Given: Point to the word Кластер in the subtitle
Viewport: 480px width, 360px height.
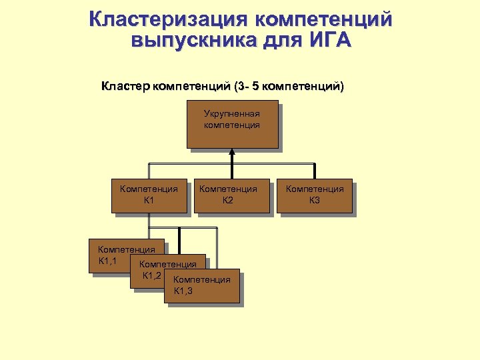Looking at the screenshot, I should click(x=126, y=86).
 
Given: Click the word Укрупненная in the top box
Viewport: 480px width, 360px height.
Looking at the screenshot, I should click(x=231, y=113).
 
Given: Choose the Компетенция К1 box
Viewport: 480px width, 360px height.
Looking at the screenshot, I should click(x=149, y=195).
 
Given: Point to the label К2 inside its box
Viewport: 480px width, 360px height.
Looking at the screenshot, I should click(x=228, y=200).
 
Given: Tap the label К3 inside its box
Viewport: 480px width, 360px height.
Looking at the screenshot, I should click(x=314, y=200).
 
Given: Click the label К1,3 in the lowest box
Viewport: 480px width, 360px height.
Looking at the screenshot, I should click(x=183, y=291).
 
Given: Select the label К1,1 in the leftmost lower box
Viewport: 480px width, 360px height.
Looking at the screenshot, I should click(x=108, y=260).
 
